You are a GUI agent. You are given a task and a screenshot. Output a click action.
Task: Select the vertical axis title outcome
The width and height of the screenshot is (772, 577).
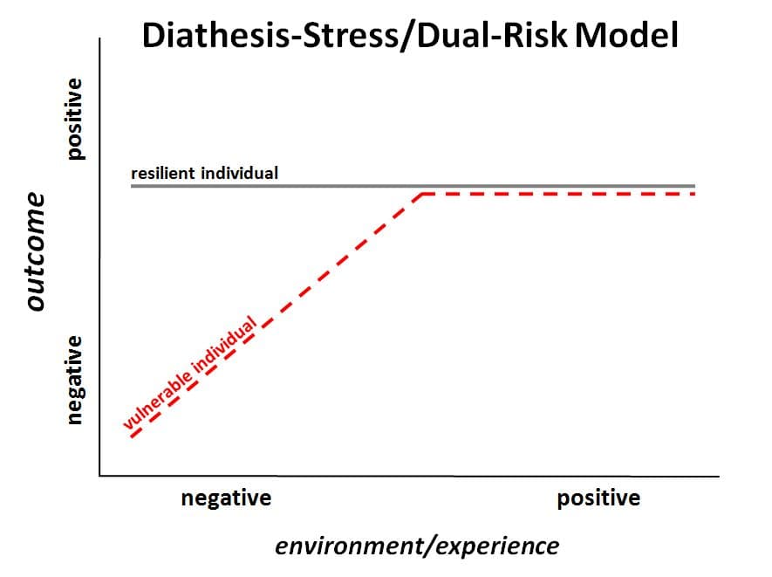(x=36, y=251)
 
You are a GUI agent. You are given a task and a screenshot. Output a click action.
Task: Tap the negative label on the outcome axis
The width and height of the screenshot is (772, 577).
(x=76, y=380)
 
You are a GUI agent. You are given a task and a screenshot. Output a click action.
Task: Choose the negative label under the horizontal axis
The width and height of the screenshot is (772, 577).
(x=226, y=498)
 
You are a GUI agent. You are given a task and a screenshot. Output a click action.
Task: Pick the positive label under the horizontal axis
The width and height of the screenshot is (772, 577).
(x=598, y=498)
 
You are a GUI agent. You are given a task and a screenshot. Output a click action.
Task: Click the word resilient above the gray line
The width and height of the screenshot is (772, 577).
(x=164, y=173)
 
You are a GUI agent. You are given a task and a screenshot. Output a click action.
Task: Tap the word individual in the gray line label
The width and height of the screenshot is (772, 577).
(x=240, y=173)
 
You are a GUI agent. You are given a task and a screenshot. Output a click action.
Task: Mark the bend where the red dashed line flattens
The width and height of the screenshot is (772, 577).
(x=422, y=194)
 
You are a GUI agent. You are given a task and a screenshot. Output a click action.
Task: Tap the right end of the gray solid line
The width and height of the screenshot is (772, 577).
(x=695, y=186)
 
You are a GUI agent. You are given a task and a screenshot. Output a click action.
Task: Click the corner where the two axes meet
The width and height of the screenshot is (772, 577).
(x=100, y=476)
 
